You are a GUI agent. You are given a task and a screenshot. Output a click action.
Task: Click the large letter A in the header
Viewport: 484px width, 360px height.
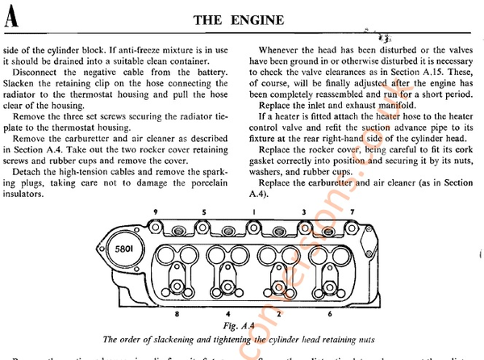10,18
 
